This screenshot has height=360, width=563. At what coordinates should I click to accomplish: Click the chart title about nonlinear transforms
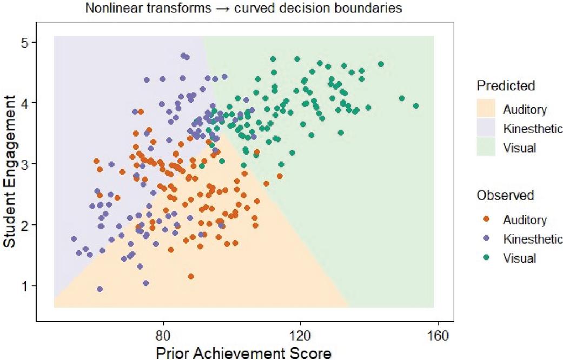click(243, 8)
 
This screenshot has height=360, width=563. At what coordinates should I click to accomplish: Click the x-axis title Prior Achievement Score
click(243, 352)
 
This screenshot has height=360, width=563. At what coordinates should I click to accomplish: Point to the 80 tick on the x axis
click(163, 336)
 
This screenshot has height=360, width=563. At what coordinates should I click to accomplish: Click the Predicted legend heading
click(506, 85)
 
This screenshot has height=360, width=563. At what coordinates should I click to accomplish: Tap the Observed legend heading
click(505, 195)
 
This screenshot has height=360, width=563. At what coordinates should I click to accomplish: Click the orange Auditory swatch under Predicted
click(486, 109)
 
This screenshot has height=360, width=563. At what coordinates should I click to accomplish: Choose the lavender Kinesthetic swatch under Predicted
click(486, 128)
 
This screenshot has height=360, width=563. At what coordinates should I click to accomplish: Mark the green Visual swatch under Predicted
click(486, 147)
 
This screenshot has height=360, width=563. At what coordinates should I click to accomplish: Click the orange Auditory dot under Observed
click(486, 219)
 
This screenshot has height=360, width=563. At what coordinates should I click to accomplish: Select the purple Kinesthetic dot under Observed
click(486, 238)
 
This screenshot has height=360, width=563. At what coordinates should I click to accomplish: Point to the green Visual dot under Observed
click(486, 258)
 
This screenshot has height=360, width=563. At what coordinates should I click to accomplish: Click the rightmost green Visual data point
click(416, 106)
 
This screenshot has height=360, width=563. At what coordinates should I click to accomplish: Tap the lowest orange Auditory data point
click(191, 276)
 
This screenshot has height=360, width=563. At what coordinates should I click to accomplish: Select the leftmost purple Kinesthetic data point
click(74, 239)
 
